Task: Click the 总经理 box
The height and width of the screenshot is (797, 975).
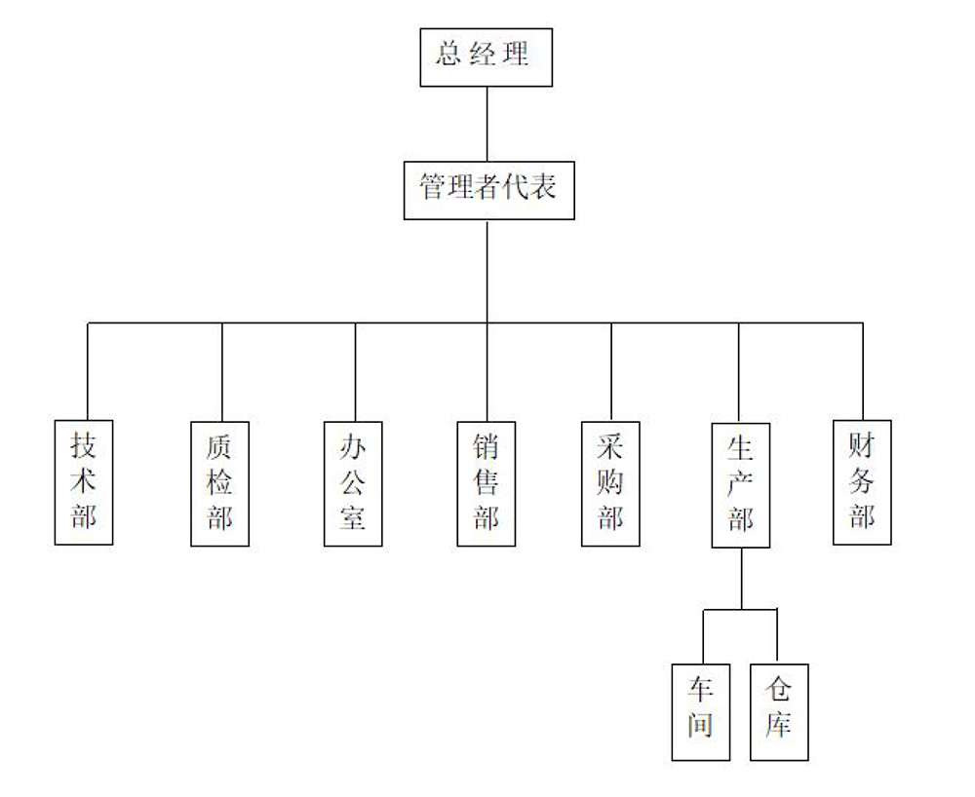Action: pos(486,57)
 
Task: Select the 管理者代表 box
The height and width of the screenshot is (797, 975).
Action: pos(488,191)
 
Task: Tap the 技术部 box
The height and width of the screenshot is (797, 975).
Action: pos(84,482)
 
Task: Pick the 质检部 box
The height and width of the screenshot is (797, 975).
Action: pos(220,483)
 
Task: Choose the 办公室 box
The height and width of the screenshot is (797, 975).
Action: pos(353,483)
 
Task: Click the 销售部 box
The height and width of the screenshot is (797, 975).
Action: pos(487,483)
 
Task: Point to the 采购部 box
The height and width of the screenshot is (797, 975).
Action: pos(611,483)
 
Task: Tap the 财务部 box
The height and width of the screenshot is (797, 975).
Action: pos(862,481)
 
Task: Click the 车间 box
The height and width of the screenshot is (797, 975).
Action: pos(701,711)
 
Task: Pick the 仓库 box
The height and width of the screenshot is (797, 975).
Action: pos(779,711)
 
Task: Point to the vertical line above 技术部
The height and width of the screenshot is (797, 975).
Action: pos(88,370)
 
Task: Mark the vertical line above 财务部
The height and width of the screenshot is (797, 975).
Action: pos(863,370)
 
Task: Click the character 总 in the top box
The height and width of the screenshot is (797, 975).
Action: pos(448,54)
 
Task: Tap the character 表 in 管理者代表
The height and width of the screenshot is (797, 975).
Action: pos(543,187)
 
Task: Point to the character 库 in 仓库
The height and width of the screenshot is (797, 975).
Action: pos(778,726)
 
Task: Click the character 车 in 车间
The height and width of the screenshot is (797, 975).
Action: pos(701,691)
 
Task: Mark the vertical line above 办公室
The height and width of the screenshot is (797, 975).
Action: pos(355,370)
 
